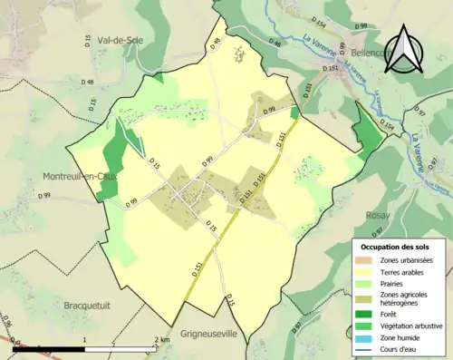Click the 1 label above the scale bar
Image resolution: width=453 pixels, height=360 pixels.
click(85, 340)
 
